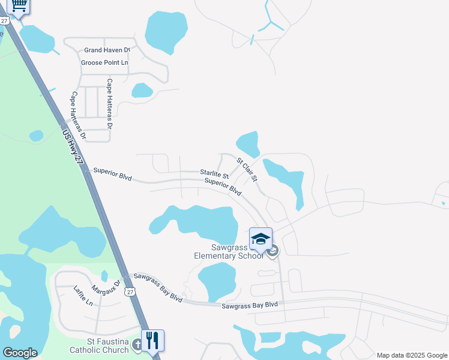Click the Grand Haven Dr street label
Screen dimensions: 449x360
pos(107,50)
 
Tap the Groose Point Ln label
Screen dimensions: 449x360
pos(105,62)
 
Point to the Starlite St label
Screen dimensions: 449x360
pos(214,173)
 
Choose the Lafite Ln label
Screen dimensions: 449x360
pos(83,295)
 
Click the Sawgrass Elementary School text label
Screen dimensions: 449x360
pos(229,251)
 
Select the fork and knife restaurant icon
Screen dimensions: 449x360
pos(152,340)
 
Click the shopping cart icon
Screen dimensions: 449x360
pos(19,6)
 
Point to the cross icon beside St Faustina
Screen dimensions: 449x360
pos(137,344)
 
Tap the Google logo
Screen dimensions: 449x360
pos(20,353)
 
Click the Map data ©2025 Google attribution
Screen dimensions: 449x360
pos(412,355)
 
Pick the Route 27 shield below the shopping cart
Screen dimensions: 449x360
pos(5,20)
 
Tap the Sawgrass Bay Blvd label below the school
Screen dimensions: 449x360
pos(250,305)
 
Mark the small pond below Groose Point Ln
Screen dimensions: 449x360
pos(142,90)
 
